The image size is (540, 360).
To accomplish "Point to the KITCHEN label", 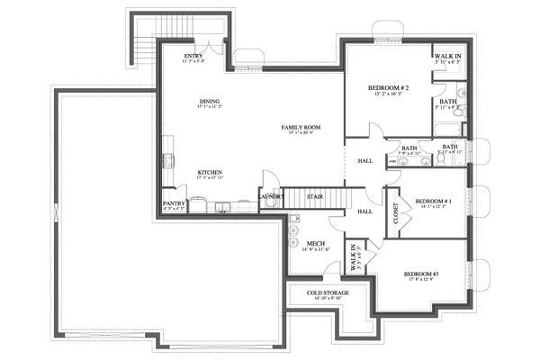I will coord(211,172).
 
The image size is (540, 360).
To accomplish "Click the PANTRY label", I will coord(174,204).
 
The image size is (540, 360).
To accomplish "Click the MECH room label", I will coord(315,242).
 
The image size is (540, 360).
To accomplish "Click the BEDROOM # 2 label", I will coord(389,87).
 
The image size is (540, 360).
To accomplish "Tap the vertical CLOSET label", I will coord(396,213).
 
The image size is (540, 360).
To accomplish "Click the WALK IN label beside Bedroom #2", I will coord(447,56).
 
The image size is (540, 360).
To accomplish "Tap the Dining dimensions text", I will coord(211,107).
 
